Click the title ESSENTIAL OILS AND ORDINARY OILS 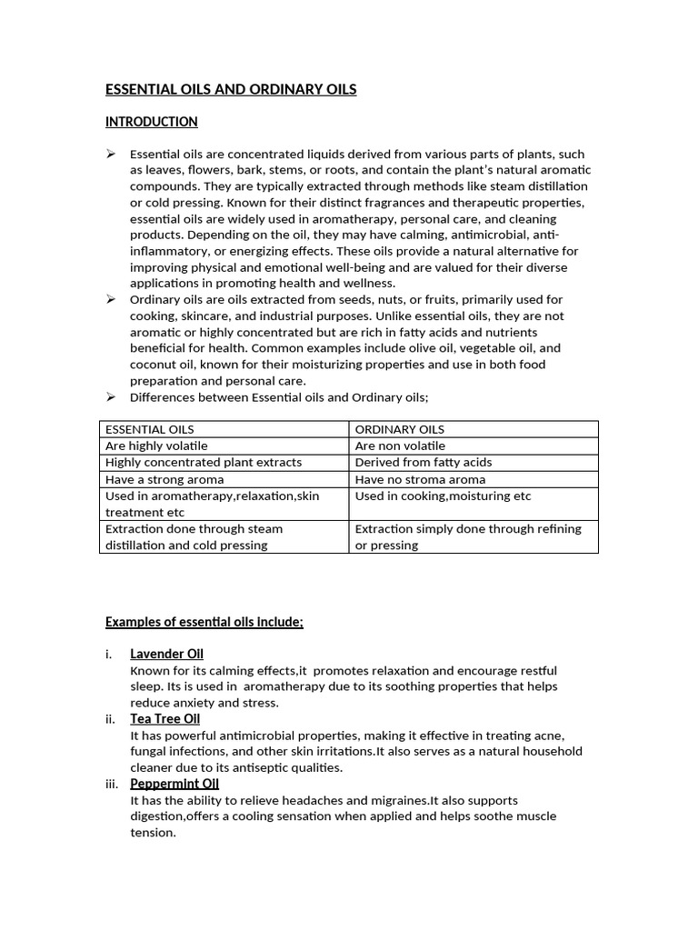click(231, 89)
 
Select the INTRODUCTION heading click(151, 122)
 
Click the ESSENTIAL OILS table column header click(149, 429)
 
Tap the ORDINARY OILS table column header click(399, 429)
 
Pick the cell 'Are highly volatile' click(156, 445)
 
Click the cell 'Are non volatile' click(400, 445)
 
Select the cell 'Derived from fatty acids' click(423, 462)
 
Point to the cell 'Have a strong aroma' click(165, 479)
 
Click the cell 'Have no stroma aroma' click(420, 479)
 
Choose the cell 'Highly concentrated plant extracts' click(204, 462)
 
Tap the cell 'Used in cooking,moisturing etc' click(443, 496)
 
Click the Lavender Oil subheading click(166, 654)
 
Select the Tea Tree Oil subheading click(165, 718)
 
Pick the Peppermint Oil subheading click(174, 784)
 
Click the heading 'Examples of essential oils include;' click(204, 622)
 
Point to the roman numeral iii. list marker click(113, 785)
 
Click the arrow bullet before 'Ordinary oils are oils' click(111, 299)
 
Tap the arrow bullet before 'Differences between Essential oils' click(111, 397)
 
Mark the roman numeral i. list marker click(109, 655)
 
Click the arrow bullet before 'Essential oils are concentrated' click(111, 154)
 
